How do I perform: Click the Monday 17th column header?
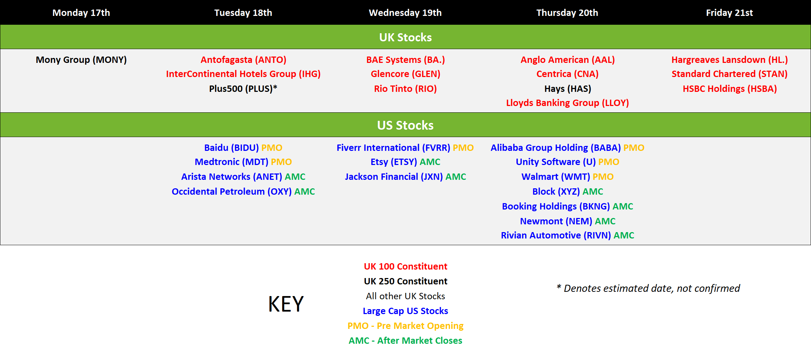coord(81,13)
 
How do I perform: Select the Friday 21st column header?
coord(729,13)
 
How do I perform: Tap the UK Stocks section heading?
coord(405,37)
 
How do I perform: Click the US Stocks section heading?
coord(405,125)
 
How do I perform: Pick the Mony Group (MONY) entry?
coord(81,60)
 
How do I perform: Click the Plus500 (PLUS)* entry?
coord(243,88)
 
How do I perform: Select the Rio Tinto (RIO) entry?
coord(405,88)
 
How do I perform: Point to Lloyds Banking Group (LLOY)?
coord(568,103)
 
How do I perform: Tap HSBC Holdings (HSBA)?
coord(730,88)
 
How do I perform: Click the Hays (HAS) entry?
coord(568,88)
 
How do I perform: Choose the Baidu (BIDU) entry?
coord(231,148)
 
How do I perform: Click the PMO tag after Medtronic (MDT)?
coord(281,162)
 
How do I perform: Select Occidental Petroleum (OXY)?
coord(232,191)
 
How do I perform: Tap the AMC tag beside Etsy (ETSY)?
coord(430,162)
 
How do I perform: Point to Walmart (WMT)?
coord(556,177)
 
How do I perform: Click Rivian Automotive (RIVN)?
coord(556,235)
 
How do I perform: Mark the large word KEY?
coord(286,304)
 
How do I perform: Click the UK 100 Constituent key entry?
coord(405,266)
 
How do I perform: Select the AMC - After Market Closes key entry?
coord(405,341)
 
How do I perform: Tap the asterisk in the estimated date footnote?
coord(559,286)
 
